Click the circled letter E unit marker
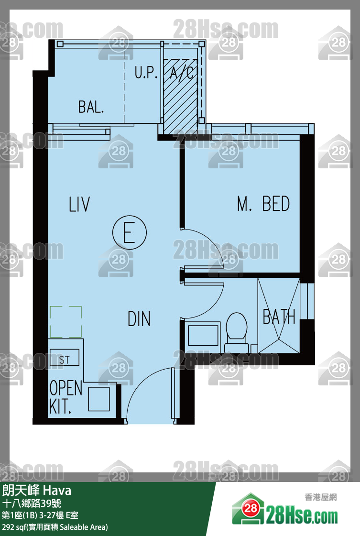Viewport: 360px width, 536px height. point(129,232)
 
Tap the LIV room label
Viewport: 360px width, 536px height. point(79,204)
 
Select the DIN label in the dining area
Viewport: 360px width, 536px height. point(139,318)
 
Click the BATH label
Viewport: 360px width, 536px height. point(279,317)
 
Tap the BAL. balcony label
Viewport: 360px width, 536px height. point(91,107)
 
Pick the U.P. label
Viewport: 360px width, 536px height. point(146,72)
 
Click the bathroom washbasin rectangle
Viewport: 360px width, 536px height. point(203,335)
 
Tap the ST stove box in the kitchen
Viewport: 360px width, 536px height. point(65,358)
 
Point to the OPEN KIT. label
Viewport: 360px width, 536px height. point(65,397)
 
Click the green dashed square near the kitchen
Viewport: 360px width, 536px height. point(65,322)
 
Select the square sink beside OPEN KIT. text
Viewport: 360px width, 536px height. point(99,399)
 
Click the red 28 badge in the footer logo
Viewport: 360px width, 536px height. point(251,508)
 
